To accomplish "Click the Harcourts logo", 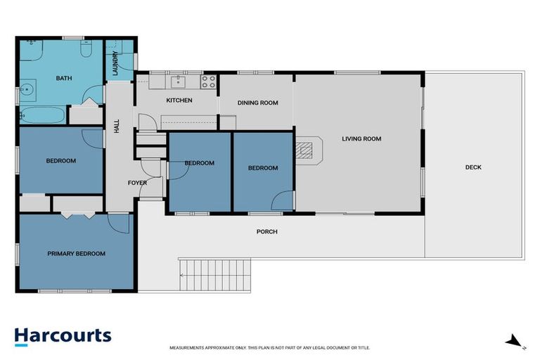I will point(63,335).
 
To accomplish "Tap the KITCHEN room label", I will point(179,101).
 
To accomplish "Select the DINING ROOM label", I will point(257,103).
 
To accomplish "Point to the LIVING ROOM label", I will point(361,139).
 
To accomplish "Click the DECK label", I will point(473,167).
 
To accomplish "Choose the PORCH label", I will point(266,231).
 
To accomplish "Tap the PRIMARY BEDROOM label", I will point(76,254).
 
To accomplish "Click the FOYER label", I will point(137,183).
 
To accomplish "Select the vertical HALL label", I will point(117,127).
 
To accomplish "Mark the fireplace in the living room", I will point(304,150).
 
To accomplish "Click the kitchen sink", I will point(179,82).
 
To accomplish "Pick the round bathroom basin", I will point(27,90).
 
